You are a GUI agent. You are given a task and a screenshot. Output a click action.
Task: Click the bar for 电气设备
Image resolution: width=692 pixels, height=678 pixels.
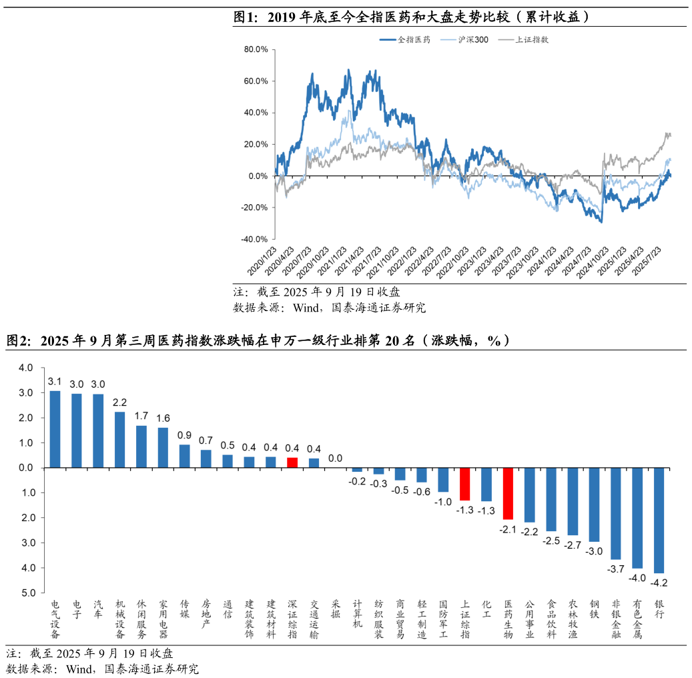point(55,429)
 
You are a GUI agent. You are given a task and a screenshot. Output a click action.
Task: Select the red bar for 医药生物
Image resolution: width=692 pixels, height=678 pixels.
point(508,493)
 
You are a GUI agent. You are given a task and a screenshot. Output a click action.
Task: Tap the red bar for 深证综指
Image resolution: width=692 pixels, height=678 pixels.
point(292,462)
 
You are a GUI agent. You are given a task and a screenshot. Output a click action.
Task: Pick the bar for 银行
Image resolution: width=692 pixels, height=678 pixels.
point(659,520)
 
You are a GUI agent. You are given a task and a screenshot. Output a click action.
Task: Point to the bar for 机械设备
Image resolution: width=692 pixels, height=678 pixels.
point(120,440)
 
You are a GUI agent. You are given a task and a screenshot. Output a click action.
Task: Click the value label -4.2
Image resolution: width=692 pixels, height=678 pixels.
point(659,583)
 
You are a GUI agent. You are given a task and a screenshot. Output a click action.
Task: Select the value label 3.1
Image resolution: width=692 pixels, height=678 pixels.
point(55,381)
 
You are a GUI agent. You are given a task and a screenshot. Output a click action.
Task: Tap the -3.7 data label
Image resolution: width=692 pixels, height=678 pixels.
point(616,569)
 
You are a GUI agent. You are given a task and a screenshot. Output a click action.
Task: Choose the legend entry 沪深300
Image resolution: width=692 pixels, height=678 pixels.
point(472,39)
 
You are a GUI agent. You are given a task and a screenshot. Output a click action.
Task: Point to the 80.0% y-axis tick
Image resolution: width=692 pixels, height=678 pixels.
point(256,49)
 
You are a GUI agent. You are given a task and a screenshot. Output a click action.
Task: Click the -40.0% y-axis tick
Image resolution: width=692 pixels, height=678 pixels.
point(255,239)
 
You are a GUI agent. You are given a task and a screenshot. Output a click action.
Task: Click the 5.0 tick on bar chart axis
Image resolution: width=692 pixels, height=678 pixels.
point(27,593)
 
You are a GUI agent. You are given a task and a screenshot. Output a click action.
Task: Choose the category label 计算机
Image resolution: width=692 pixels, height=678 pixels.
point(357,614)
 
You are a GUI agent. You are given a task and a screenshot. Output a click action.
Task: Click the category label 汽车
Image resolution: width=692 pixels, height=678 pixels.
point(98,609)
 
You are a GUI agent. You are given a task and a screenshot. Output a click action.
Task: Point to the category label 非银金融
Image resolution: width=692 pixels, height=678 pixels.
point(616,619)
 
